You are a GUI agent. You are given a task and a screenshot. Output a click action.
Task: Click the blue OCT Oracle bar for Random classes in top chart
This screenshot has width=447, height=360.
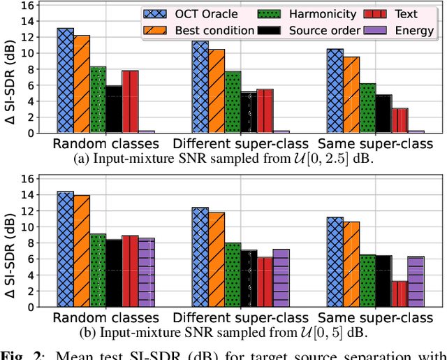pos(66,80)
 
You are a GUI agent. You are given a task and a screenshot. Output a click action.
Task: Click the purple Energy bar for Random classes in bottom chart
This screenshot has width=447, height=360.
pos(146,273)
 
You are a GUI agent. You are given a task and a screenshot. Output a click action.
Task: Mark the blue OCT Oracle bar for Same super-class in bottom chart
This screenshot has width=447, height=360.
pos(335,262)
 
